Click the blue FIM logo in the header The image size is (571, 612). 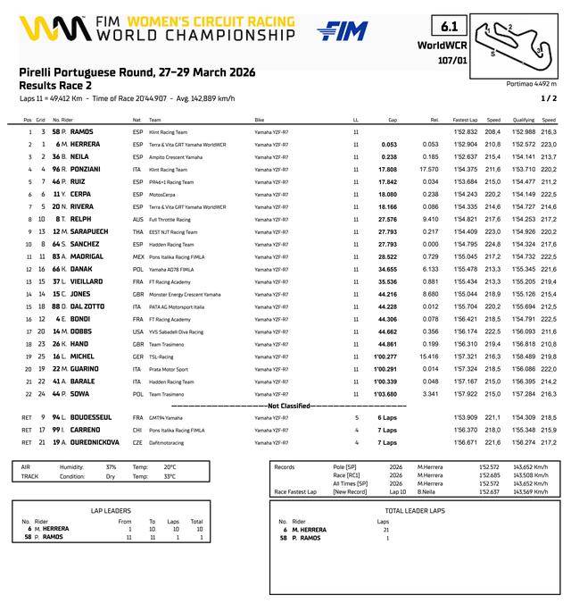pos(343,31)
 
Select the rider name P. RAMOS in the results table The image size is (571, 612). pos(75,131)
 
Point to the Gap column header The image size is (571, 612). pos(392,119)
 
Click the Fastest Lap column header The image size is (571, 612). pos(465,119)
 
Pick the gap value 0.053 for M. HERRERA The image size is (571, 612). pos(388,144)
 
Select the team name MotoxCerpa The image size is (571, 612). pos(162,194)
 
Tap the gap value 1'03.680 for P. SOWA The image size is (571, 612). pos(385,393)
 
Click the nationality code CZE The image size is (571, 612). pos(137,442)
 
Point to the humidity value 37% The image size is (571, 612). pos(111,466)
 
